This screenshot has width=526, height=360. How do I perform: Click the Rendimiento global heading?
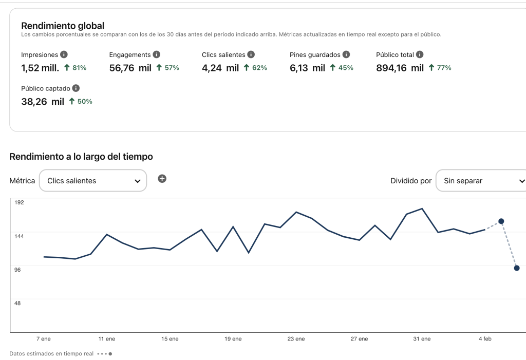63,26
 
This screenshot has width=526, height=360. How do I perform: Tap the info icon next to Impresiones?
64,54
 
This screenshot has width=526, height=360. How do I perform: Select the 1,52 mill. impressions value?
40,68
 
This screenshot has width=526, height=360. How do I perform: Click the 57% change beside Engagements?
167,68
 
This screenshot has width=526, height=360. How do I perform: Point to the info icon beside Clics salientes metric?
251,54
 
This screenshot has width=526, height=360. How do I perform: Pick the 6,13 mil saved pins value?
307,68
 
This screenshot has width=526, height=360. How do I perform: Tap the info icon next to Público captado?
76,88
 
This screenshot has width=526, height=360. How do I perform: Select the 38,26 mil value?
43,102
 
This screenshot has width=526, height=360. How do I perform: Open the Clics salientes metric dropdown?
93,181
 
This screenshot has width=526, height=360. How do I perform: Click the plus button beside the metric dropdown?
162,179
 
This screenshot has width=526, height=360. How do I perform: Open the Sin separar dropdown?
481,181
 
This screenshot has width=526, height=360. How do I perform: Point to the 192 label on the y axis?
19,202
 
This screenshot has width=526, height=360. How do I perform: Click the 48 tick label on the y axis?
17,303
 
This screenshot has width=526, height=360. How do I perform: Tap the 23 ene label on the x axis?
296,339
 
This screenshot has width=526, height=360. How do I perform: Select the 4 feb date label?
485,339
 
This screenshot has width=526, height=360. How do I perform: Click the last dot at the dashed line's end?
517,268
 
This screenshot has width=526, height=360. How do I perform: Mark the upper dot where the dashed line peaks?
501,221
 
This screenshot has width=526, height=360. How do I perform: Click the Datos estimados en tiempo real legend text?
51,354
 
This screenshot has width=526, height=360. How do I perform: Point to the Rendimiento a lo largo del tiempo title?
81,157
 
